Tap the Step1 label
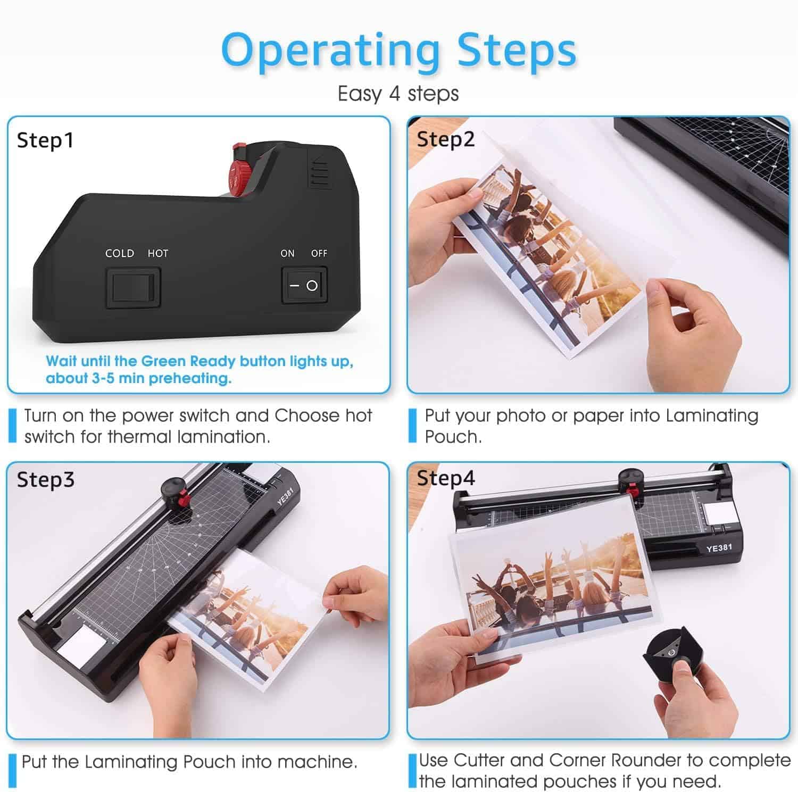click(45, 140)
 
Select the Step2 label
click(446, 139)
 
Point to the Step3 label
click(46, 479)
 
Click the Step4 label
click(446, 478)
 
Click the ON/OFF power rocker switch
click(304, 285)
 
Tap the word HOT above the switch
click(158, 253)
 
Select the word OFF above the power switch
click(319, 253)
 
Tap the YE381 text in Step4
click(719, 547)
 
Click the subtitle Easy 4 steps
click(398, 94)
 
